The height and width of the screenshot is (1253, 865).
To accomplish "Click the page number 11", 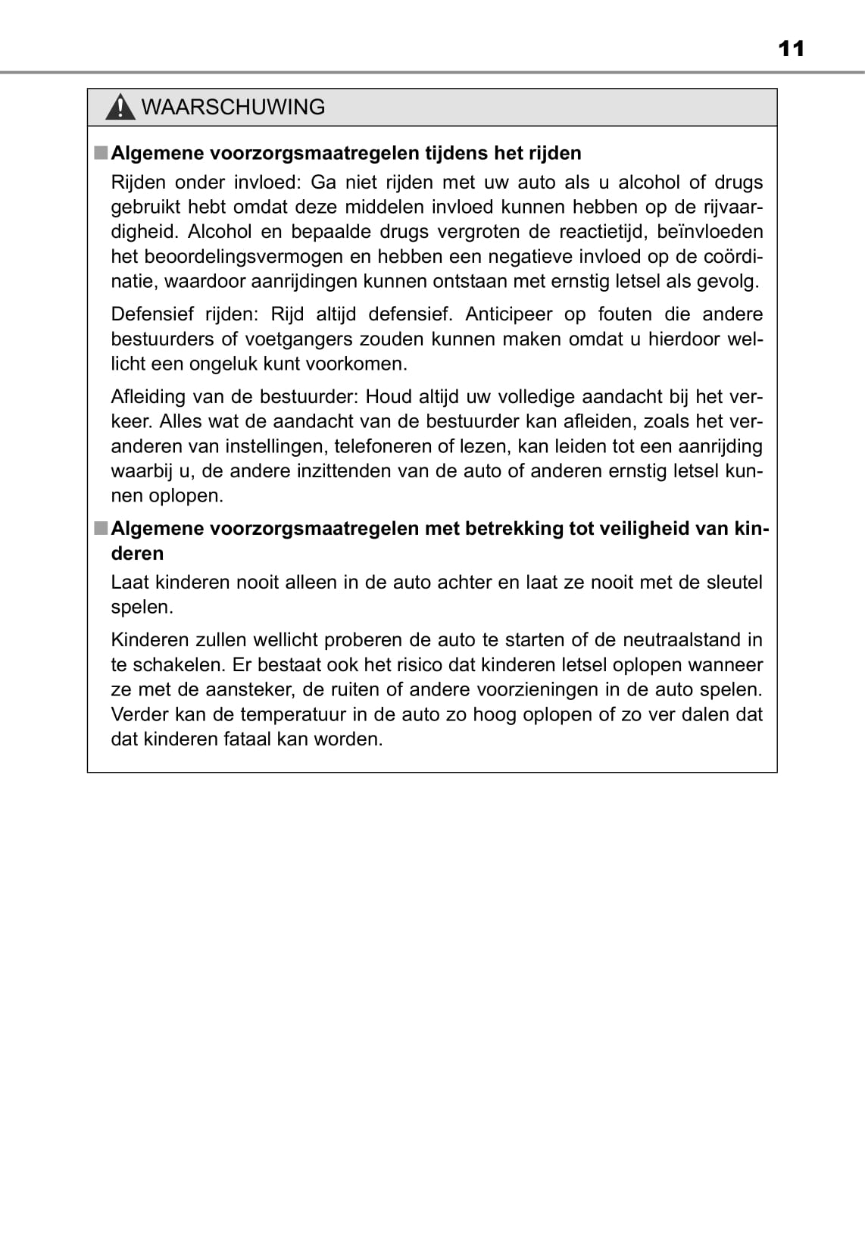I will (791, 49).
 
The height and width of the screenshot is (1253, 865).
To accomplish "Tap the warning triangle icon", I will (120, 108).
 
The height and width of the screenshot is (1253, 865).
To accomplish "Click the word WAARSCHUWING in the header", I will (233, 107).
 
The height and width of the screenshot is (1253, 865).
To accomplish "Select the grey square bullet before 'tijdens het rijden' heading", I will (101, 153).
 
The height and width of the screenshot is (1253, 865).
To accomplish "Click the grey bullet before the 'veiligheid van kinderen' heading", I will (101, 529).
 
